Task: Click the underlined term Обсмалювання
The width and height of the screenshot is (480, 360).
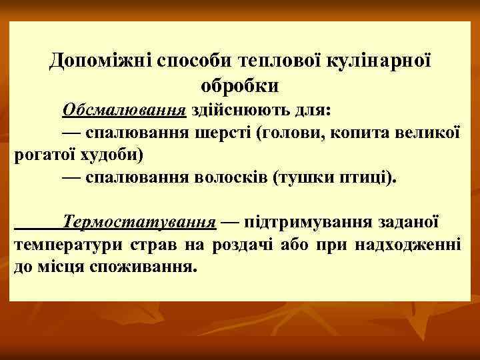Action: [x=125, y=109]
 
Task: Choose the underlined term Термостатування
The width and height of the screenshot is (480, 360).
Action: [x=139, y=221]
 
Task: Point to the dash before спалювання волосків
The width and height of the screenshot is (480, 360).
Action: [x=72, y=179]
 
